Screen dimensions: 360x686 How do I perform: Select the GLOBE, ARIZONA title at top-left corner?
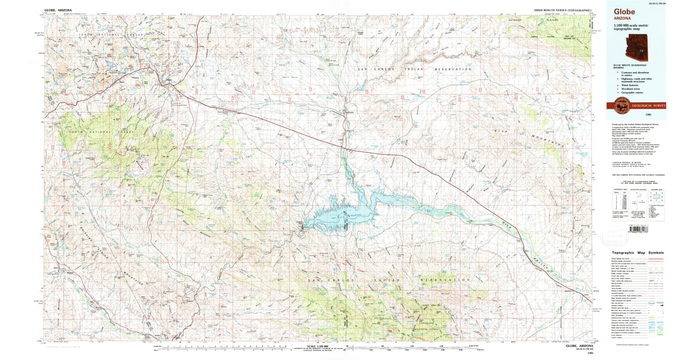[59, 10]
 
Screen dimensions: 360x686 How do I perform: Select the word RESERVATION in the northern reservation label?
[454, 69]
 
